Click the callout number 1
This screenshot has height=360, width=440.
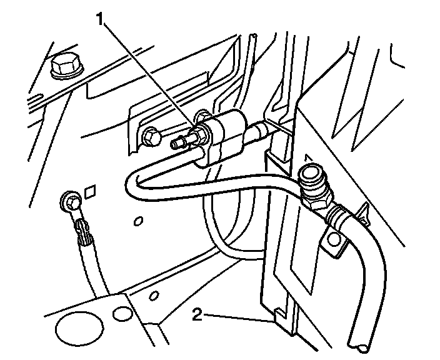[99, 19]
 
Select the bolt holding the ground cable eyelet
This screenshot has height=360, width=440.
[71, 202]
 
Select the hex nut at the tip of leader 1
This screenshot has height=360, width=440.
[201, 132]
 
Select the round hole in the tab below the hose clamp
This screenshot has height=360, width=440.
[332, 240]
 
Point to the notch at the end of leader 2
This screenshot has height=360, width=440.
[275, 316]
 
